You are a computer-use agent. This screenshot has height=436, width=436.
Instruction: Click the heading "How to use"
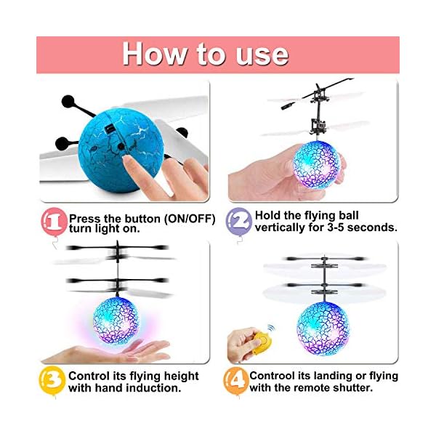click(x=205, y=54)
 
